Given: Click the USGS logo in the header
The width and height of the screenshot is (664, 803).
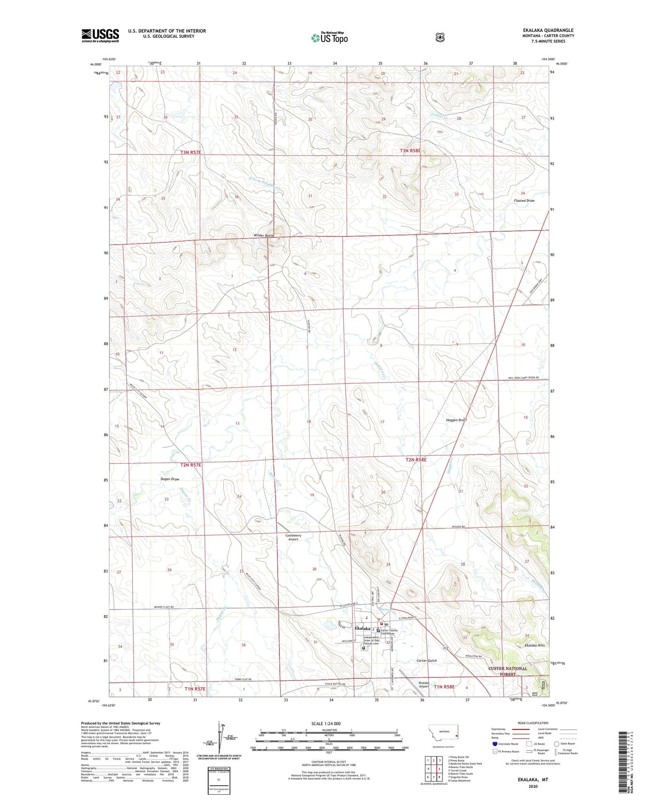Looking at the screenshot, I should [100, 35].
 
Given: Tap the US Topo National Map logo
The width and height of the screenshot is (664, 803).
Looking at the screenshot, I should [329, 37].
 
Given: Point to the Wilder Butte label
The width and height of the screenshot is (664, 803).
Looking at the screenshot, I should [264, 235].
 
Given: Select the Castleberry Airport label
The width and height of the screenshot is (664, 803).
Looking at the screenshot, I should [293, 537].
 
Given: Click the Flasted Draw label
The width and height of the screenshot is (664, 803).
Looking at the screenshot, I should [524, 201].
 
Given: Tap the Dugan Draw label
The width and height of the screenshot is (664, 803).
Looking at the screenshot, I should [170, 479].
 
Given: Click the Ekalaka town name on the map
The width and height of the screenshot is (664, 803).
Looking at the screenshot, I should [363, 629].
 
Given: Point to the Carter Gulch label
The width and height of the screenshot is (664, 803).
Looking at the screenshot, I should [426, 660].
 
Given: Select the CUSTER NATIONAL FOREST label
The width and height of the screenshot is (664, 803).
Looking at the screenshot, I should [508, 671].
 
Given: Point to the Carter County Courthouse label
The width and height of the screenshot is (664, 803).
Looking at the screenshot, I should [389, 632].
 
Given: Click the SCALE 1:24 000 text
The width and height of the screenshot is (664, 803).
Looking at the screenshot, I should [326, 724].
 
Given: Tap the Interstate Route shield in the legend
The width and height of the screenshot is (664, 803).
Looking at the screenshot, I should [494, 744].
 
